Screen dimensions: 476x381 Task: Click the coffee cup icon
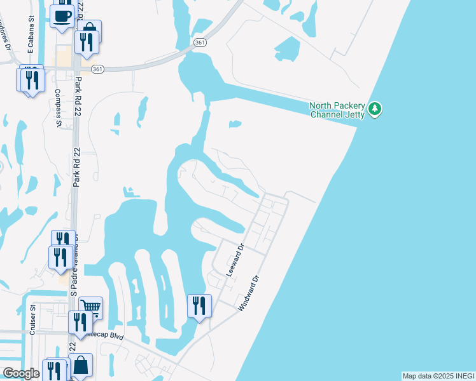(62, 16)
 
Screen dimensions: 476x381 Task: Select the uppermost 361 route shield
(200, 42)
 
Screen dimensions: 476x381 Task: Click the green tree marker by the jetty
(375, 109)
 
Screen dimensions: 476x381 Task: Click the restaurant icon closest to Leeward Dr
(199, 306)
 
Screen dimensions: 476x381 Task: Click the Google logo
(21, 373)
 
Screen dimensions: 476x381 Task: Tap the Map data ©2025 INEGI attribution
(438, 376)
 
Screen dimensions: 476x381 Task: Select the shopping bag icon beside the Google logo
(81, 365)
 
